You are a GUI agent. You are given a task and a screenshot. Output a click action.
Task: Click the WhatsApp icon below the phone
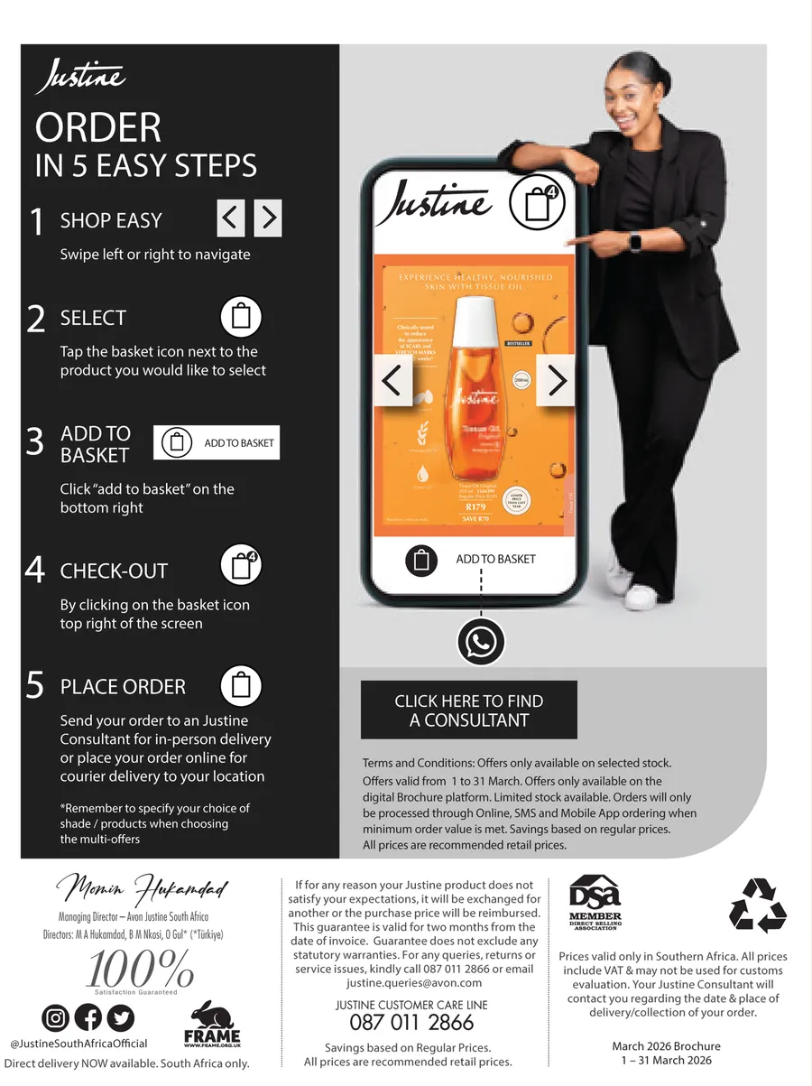(x=480, y=642)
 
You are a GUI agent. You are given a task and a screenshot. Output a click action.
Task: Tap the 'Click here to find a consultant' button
(x=468, y=710)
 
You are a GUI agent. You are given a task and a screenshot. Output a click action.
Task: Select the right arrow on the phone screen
(x=557, y=380)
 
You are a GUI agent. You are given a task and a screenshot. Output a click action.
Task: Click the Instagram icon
(x=56, y=1018)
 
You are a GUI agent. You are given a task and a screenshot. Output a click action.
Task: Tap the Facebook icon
(x=88, y=1018)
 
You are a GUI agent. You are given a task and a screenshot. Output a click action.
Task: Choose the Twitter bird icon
(x=120, y=1018)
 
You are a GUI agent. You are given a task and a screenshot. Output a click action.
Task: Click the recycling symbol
(x=758, y=905)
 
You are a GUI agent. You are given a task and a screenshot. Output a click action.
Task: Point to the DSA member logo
(x=595, y=902)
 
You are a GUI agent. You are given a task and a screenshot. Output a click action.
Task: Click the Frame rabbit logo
(x=212, y=1024)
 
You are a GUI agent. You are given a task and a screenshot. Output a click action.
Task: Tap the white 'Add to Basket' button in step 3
(x=217, y=442)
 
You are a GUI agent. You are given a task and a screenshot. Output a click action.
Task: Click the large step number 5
(x=35, y=686)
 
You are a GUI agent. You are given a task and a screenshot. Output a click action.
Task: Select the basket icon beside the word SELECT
(x=241, y=318)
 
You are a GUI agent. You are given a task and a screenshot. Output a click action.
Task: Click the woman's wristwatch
(x=635, y=241)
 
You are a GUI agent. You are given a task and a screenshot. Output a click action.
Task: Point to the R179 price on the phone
(x=475, y=507)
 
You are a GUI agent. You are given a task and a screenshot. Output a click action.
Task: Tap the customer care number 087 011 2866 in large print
(x=411, y=1022)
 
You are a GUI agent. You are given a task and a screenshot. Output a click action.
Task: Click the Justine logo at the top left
(x=80, y=78)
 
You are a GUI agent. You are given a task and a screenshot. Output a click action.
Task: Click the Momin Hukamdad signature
(x=143, y=891)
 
